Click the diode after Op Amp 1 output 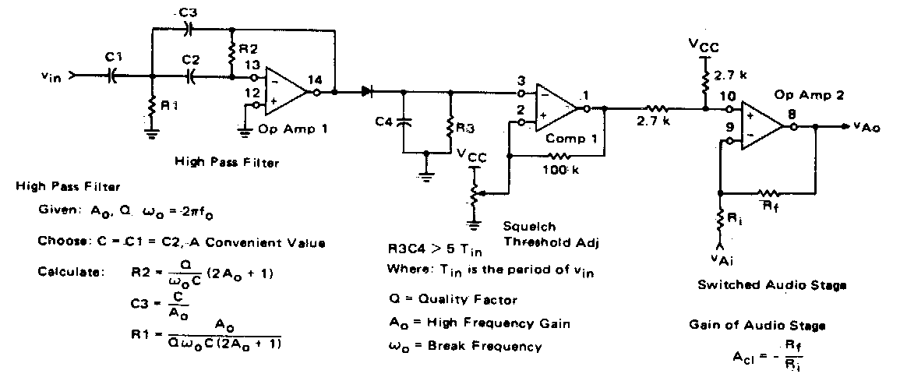367,92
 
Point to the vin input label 53,76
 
